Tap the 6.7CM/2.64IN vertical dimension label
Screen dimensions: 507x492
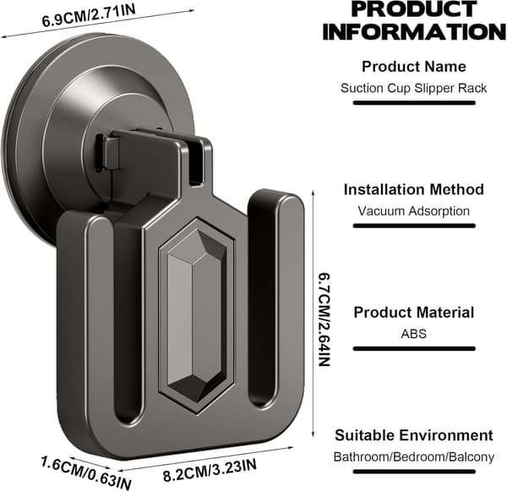324,320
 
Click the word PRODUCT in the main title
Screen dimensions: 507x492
414,9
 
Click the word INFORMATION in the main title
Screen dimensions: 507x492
415,31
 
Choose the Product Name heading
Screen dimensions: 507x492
414,67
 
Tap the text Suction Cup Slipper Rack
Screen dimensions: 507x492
413,88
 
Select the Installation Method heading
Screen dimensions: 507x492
414,189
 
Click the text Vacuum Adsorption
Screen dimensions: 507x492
414,210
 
